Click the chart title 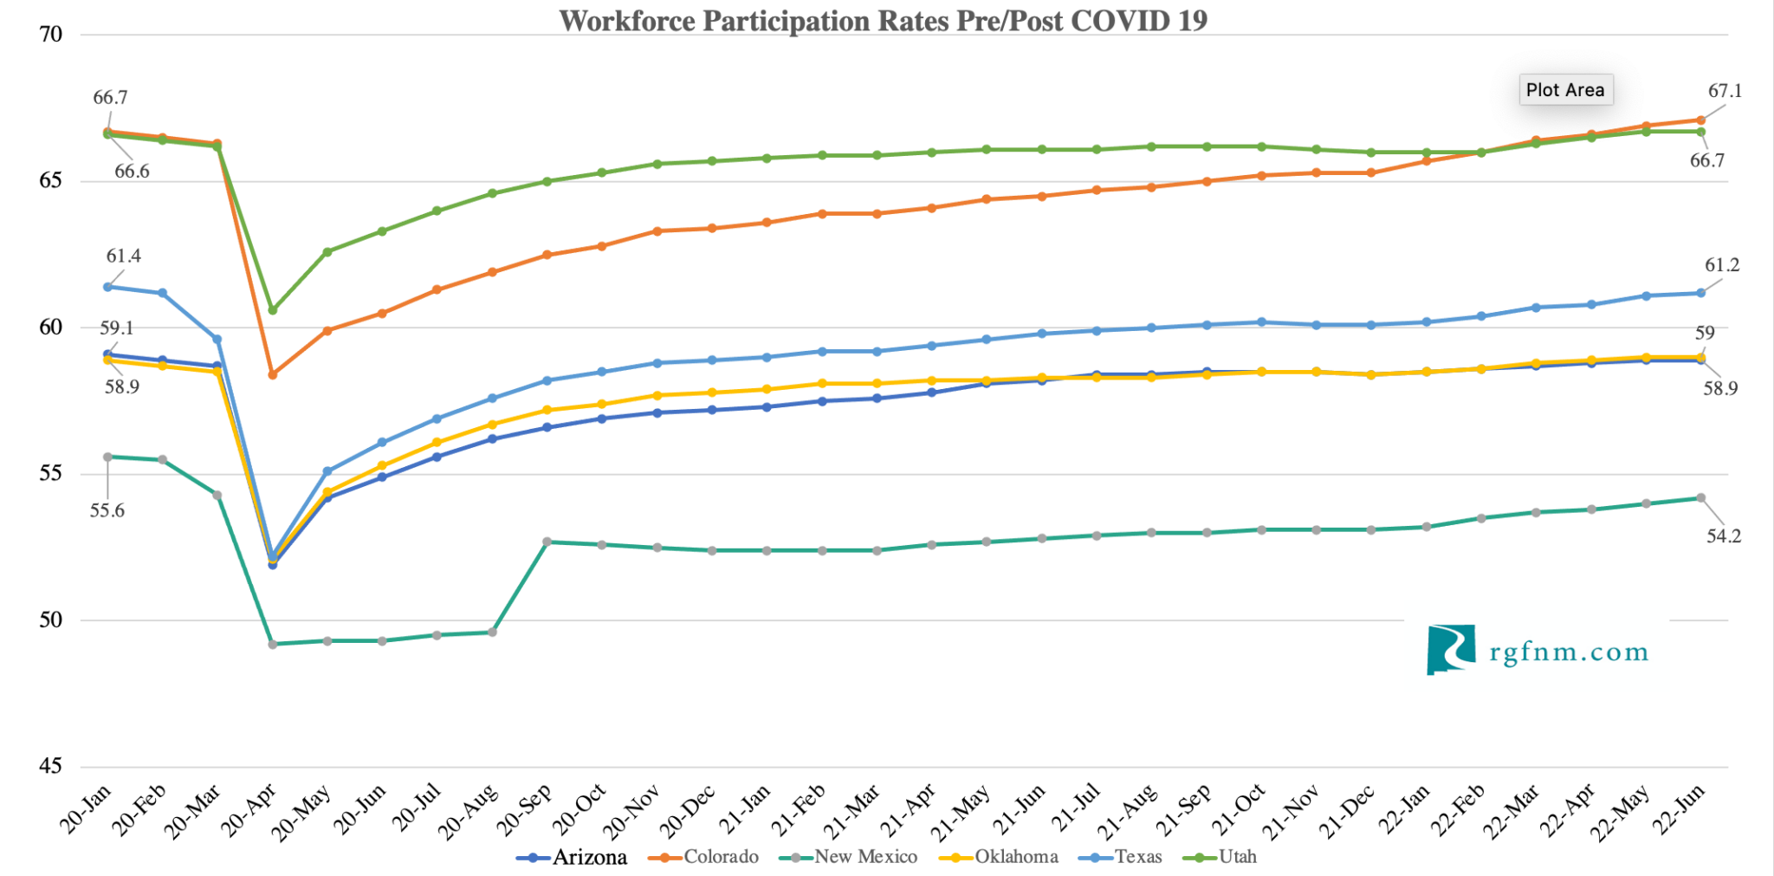pyautogui.click(x=883, y=21)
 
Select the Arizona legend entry pyautogui.click(x=573, y=857)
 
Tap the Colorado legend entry pyautogui.click(x=704, y=857)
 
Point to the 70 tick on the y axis pyautogui.click(x=51, y=35)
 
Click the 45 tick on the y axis pyautogui.click(x=51, y=766)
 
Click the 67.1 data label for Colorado pyautogui.click(x=1725, y=91)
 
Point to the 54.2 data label pyautogui.click(x=1723, y=536)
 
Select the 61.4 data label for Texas pyautogui.click(x=123, y=256)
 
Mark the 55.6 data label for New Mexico pyautogui.click(x=107, y=510)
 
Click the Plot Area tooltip pyautogui.click(x=1565, y=90)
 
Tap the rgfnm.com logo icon pyautogui.click(x=1451, y=650)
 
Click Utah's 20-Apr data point pyautogui.click(x=273, y=310)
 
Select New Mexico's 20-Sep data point pyautogui.click(x=547, y=542)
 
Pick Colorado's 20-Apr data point pyautogui.click(x=273, y=374)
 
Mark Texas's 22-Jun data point pyautogui.click(x=1700, y=293)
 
